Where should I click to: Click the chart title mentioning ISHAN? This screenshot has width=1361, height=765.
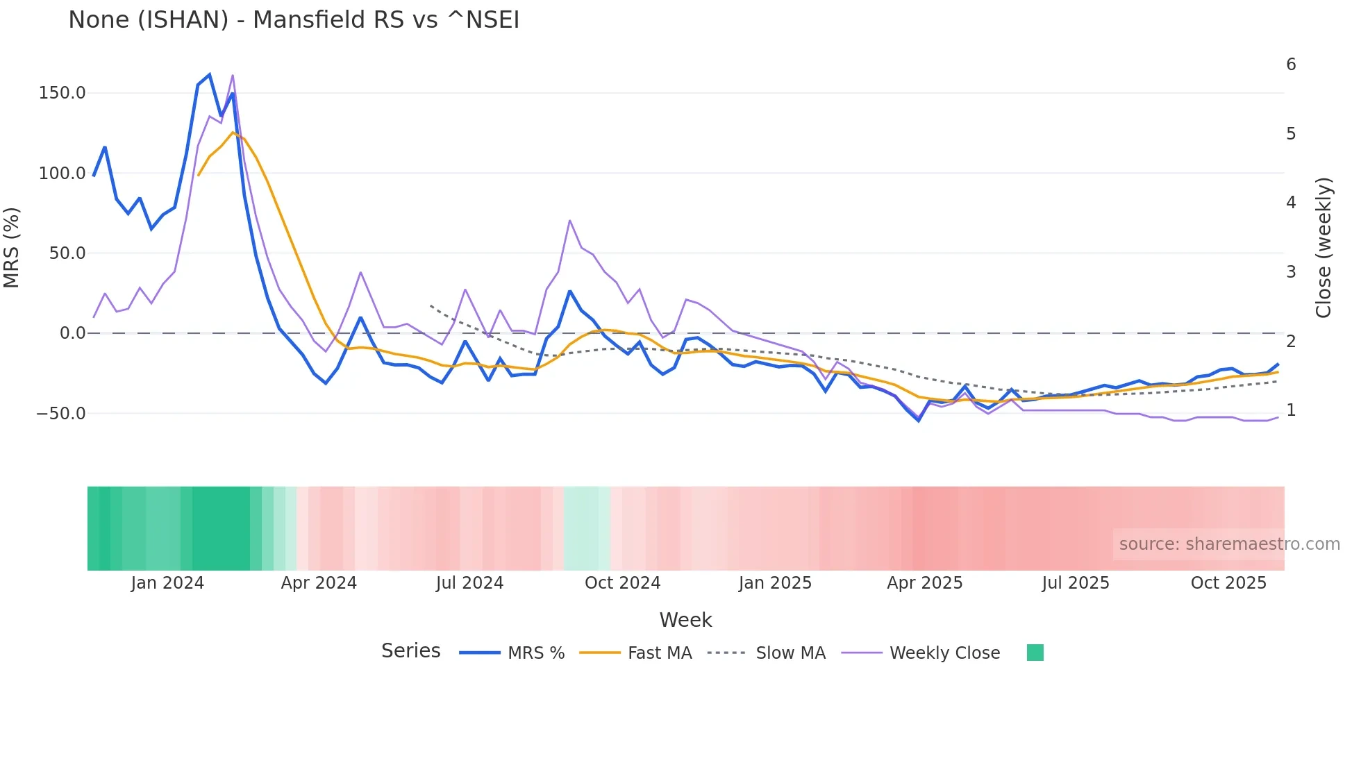click(294, 20)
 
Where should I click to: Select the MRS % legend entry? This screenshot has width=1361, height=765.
click(535, 653)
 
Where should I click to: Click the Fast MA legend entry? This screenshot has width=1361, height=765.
click(659, 653)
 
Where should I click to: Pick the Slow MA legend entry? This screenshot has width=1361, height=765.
click(790, 653)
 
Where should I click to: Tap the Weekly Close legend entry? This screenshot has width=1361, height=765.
click(944, 653)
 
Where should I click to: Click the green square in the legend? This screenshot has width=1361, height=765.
click(1035, 653)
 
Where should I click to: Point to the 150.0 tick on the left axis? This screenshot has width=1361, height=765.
click(62, 93)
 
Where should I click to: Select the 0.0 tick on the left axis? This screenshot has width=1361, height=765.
click(72, 333)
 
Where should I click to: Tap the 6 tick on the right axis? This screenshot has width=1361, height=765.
click(1291, 65)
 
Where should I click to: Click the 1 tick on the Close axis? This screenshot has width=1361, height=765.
click(1291, 410)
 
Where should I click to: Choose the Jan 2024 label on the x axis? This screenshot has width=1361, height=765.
click(167, 583)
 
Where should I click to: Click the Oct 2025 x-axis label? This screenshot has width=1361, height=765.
click(1228, 583)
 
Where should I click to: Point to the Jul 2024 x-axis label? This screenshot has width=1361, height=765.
click(469, 583)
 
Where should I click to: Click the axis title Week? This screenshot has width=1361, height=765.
click(685, 620)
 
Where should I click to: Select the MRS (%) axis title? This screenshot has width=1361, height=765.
click(12, 247)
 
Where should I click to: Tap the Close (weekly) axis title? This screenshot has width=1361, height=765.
click(1324, 247)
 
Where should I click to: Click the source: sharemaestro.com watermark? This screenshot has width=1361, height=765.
click(1229, 544)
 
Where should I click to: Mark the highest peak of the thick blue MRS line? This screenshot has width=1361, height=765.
click(209, 75)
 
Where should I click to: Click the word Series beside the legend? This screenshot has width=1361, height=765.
click(410, 651)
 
